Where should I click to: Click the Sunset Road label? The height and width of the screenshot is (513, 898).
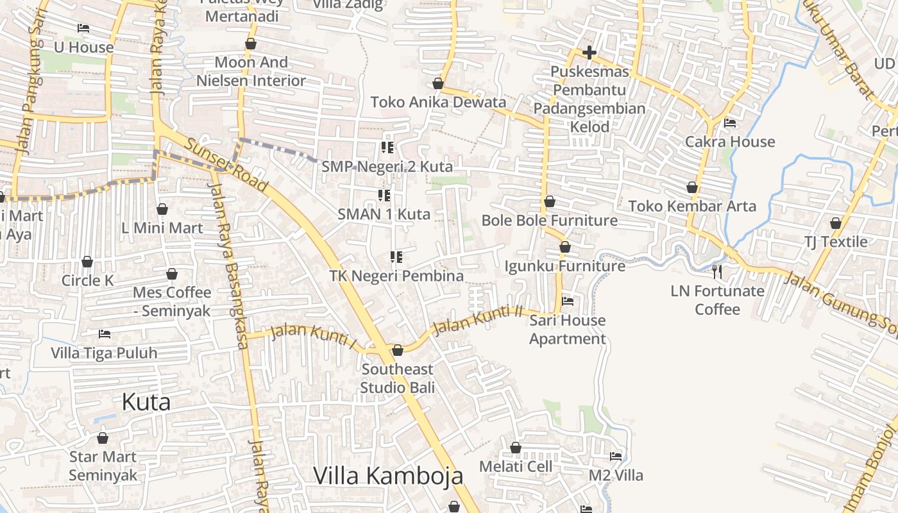tap(226, 165)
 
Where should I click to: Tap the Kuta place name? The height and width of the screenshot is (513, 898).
tap(146, 403)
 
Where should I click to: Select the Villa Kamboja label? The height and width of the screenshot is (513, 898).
tap(388, 476)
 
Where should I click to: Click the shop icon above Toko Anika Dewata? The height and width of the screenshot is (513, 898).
tap(438, 83)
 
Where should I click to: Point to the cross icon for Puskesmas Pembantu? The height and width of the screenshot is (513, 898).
tap(589, 53)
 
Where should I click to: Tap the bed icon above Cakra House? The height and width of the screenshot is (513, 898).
tap(730, 123)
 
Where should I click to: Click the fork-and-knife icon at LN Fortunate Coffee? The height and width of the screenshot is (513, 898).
tap(717, 272)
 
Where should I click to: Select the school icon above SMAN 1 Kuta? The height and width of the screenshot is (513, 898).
tap(384, 195)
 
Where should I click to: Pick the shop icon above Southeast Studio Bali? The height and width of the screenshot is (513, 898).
tap(398, 350)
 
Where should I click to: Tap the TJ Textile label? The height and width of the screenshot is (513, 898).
tap(836, 242)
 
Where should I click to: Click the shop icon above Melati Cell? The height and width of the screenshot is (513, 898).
tap(516, 448)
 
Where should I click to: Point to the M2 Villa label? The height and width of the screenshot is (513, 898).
tap(616, 476)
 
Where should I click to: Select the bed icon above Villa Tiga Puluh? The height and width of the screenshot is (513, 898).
tap(105, 333)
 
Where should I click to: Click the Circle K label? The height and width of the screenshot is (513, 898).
tap(87, 280)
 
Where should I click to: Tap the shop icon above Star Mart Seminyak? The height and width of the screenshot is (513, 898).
tap(103, 439)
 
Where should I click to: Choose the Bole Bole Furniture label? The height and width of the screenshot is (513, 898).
tap(550, 221)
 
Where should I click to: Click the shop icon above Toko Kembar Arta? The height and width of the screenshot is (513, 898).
tap(692, 187)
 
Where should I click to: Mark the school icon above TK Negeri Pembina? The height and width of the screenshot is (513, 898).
tap(396, 257)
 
